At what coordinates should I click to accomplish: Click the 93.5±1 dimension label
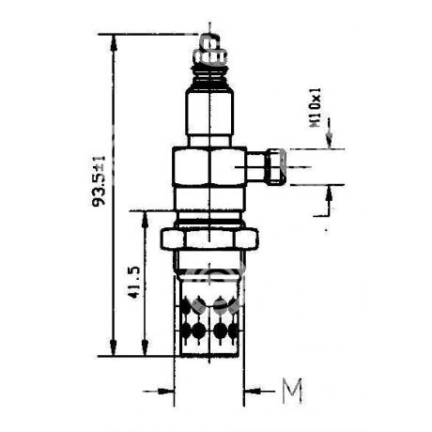pyautogui.click(x=100, y=181)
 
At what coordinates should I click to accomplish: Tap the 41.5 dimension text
pyautogui.click(x=134, y=282)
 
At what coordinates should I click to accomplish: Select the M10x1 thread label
pyautogui.click(x=316, y=107)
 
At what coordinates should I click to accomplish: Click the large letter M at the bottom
pyautogui.click(x=292, y=391)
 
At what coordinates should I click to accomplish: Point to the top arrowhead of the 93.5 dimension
pyautogui.click(x=114, y=42)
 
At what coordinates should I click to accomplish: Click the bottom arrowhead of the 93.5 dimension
pyautogui.click(x=114, y=347)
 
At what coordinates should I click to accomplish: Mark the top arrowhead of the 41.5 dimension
pyautogui.click(x=145, y=219)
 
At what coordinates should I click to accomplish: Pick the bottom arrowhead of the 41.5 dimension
pyautogui.click(x=145, y=347)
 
